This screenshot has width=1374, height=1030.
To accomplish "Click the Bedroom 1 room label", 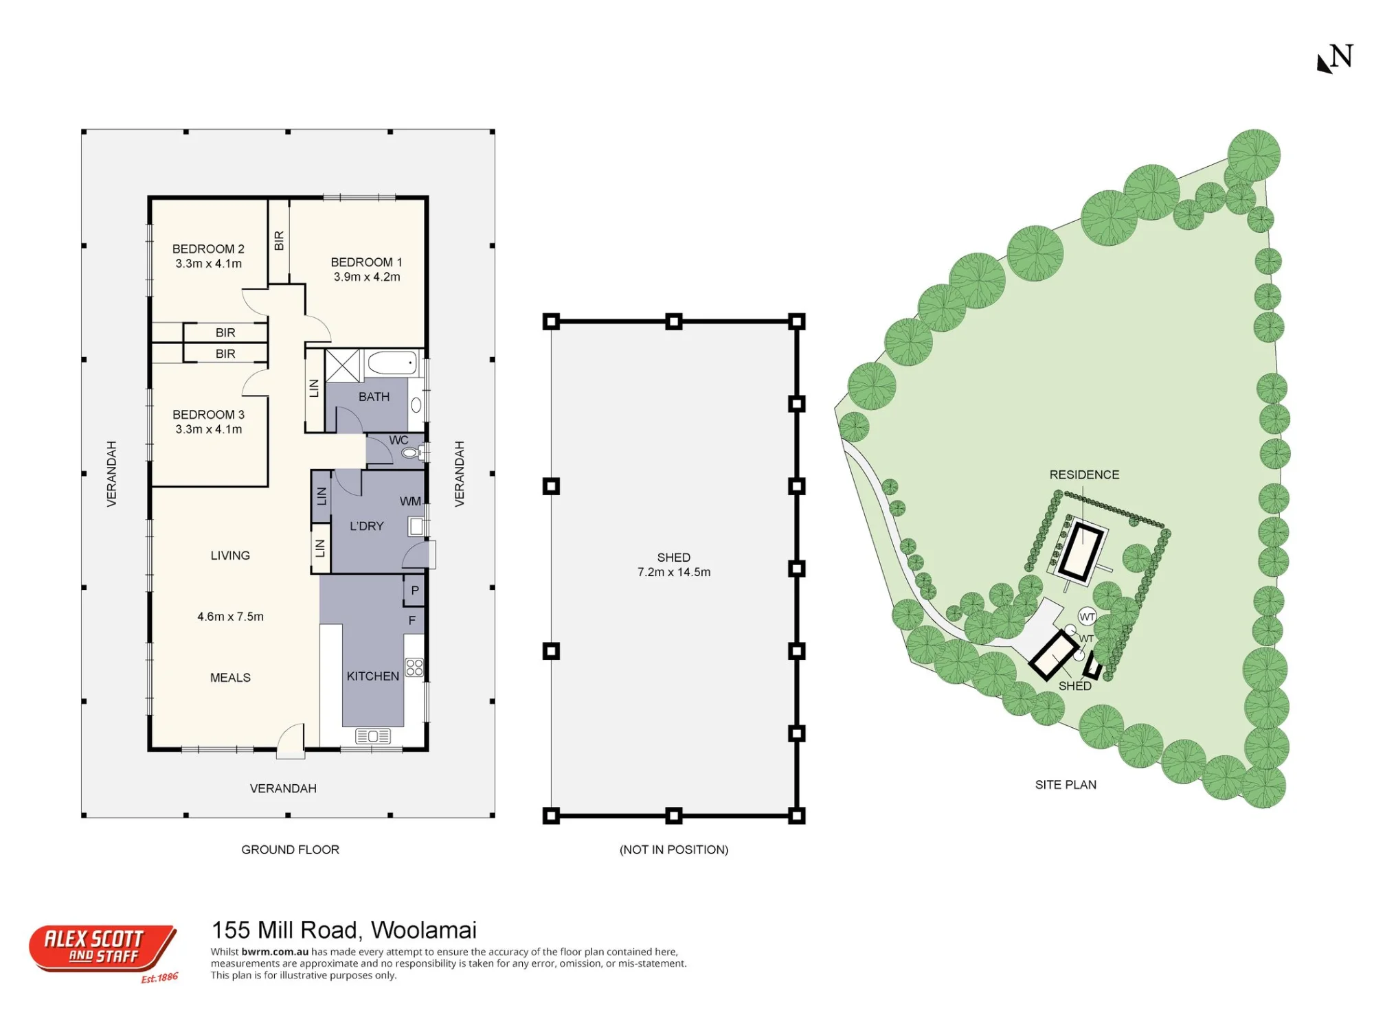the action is (x=366, y=262).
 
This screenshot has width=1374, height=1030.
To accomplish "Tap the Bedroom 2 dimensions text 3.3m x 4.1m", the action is (x=208, y=264).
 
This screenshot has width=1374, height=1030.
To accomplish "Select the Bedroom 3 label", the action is (x=208, y=415).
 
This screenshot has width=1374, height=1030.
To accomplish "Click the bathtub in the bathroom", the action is (x=392, y=363).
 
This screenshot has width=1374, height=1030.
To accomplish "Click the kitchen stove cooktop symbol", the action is (x=414, y=667).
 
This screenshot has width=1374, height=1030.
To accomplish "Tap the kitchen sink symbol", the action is (x=373, y=736).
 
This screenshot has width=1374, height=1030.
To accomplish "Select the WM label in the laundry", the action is (x=410, y=501).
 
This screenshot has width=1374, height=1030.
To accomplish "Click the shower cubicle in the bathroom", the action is (x=343, y=365).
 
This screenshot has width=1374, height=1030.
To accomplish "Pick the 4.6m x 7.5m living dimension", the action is (x=230, y=617).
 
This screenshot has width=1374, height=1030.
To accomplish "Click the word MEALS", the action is (x=230, y=678).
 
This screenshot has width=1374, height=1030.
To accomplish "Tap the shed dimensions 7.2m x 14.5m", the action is (x=674, y=572).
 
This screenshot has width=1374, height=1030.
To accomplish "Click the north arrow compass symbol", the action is (x=1335, y=58).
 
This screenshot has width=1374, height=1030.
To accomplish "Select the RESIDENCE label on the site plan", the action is (x=1084, y=474).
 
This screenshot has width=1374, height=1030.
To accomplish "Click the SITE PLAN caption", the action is (x=1066, y=785).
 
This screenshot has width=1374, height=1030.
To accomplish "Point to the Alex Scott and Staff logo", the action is (x=103, y=951).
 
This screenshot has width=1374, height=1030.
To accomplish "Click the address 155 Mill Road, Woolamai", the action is (x=344, y=930).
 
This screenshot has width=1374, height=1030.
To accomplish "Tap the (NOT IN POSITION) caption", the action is (x=674, y=849).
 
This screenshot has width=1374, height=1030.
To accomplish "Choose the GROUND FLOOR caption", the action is (x=290, y=849).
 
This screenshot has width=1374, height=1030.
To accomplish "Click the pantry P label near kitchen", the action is (x=414, y=591).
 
